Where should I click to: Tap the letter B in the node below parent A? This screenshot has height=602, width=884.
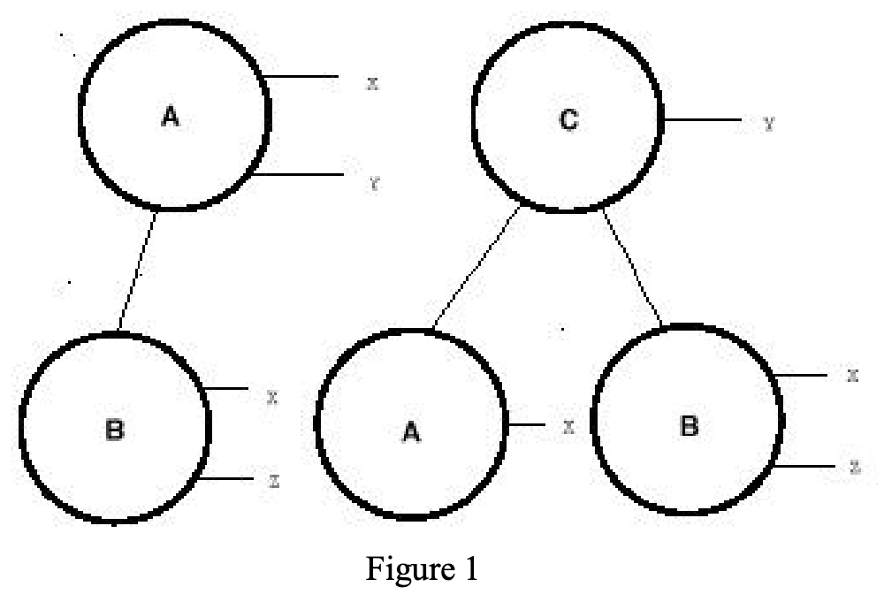pos(114,431)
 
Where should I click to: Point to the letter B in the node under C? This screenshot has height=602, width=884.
pos(689,427)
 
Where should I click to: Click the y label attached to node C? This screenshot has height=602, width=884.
pos(769,124)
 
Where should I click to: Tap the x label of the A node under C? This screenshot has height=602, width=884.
pos(569,427)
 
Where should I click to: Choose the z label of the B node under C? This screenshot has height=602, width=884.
pos(854,467)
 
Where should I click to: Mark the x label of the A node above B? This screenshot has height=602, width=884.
pos(372,83)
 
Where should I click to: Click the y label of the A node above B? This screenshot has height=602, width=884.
pos(374,184)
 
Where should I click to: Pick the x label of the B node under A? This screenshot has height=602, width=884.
pos(273,397)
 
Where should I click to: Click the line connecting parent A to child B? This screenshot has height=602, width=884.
pos(137,271)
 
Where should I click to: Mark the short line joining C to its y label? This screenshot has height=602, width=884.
pos(703,119)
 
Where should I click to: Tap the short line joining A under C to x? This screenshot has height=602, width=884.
pos(526,426)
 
